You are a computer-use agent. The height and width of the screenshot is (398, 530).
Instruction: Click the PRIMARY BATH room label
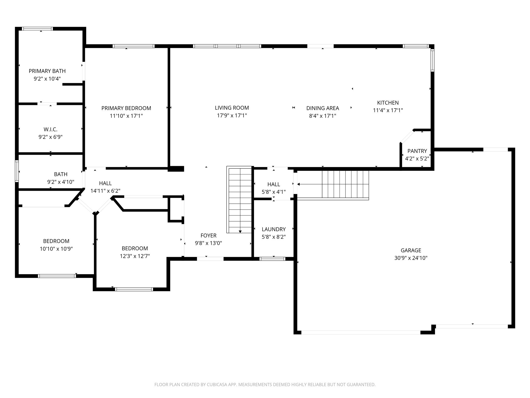coord(47,71)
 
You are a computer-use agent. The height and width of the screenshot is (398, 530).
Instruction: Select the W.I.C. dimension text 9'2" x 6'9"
coord(50,137)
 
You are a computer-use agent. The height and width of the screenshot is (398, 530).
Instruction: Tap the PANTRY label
coord(417,151)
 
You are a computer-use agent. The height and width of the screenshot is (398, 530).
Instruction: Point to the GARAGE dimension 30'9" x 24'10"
coord(411,258)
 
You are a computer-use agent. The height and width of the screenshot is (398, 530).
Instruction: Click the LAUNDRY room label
coord(274,229)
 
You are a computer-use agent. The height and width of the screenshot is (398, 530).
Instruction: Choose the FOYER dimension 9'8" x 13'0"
coord(208,243)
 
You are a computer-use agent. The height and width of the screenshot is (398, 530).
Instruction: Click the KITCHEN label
coord(388,103)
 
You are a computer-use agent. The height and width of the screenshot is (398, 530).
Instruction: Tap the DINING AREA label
coord(322,108)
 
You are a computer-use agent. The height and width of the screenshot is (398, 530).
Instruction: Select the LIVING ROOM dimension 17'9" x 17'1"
coord(232,115)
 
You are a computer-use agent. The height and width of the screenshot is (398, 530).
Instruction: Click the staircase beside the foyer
coord(240,200)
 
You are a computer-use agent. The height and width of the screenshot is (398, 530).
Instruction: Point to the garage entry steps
coord(345,184)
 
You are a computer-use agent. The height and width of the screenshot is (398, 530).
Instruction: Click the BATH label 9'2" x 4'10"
coord(61,174)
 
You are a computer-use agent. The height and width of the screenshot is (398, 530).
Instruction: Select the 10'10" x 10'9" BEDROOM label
coord(56,241)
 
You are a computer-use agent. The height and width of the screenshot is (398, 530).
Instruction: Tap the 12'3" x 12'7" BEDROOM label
coord(135,248)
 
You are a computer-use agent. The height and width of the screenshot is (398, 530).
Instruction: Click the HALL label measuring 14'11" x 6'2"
coord(105,183)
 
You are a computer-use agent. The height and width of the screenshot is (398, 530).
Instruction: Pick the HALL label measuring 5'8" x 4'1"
coord(274,184)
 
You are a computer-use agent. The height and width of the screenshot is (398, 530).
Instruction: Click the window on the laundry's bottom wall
coord(272,259)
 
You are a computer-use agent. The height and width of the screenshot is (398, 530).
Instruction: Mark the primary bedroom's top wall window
coord(134,46)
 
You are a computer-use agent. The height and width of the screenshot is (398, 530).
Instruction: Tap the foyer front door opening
coord(210,259)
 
